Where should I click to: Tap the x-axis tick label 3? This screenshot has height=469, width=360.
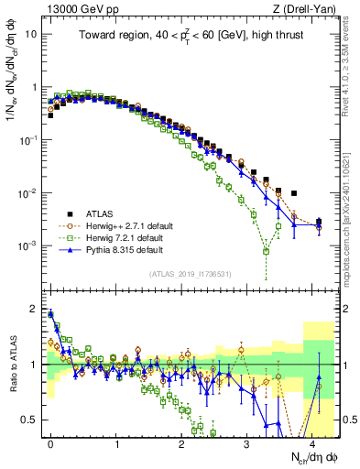point(247,442)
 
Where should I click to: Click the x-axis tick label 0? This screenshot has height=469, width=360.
point(51,442)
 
